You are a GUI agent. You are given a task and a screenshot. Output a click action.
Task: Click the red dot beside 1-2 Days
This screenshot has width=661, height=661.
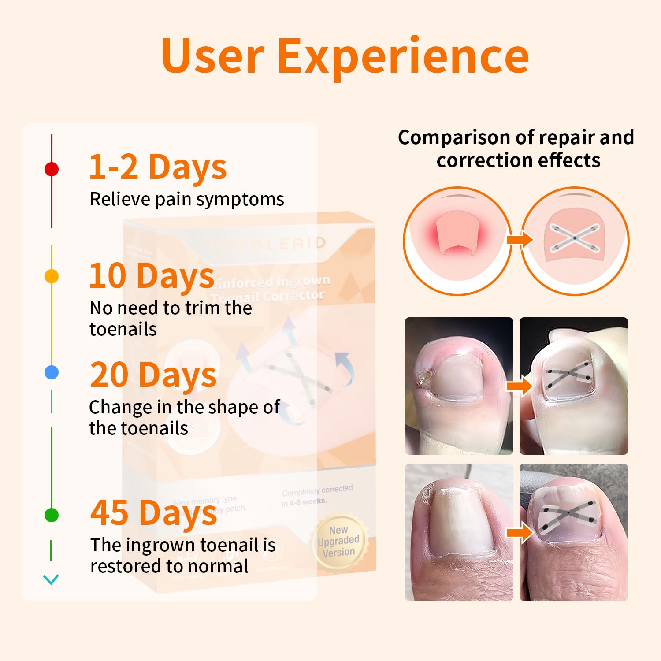pos(52,169)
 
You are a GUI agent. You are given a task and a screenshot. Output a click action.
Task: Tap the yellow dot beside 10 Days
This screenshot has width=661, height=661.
pos(52,276)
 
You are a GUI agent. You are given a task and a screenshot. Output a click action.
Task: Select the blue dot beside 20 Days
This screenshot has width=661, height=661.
pos(52,372)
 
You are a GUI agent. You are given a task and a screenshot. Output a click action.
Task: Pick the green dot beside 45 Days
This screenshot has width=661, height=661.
pos(52,515)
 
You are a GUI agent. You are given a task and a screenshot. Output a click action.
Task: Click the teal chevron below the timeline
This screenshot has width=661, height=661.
pos(51,579)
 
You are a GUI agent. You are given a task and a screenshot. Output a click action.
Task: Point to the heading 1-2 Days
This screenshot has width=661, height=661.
pos(158,167)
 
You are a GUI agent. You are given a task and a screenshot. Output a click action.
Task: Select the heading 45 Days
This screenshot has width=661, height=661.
pos(153,513)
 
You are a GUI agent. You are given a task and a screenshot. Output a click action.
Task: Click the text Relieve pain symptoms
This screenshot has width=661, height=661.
pos(187,199)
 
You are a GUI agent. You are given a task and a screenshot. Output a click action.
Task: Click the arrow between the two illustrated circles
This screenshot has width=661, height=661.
pos(519,240)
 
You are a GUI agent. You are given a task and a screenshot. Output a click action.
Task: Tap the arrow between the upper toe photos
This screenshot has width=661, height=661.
pos(519,386)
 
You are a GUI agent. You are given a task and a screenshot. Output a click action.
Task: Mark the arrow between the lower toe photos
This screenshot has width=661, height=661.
pos(519,533)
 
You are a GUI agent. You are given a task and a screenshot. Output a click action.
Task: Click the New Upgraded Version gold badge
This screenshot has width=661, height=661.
pos(338,541)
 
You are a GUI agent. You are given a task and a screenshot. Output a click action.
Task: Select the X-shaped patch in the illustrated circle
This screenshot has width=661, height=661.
pos(575,238)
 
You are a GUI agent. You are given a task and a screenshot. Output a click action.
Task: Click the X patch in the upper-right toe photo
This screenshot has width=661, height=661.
pos(568,375)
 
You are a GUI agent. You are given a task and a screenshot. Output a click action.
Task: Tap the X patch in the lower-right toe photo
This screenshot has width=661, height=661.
pos(568,514)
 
